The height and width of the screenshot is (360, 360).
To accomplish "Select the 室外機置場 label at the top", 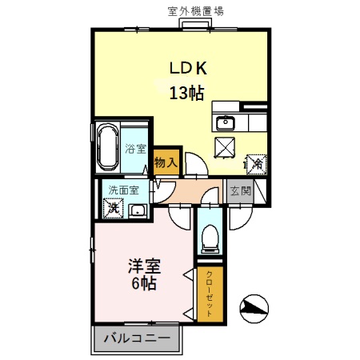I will coord(195,11).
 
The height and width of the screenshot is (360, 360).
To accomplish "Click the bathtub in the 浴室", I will coord(107,147).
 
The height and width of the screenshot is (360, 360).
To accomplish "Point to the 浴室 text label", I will coord(136,149).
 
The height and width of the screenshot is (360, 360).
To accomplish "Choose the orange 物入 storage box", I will coord(166,161).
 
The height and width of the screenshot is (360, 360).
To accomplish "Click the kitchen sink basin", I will coord(225,122).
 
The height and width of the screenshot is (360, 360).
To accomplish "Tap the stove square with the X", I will coord(225,147).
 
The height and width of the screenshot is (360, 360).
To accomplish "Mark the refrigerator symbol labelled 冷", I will coord(256,163).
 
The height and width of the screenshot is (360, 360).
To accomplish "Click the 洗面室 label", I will coord(124,191).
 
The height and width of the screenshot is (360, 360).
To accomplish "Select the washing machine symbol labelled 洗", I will coord(113,209).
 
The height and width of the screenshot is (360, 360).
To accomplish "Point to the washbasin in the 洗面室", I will coord(138,211).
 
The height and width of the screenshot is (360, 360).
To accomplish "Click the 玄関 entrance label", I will coord(240,191).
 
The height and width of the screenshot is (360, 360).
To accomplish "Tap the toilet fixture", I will coord(210,236).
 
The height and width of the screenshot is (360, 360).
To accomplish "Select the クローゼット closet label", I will coord(210,294).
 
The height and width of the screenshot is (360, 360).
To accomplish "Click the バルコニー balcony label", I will coord(136,338).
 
